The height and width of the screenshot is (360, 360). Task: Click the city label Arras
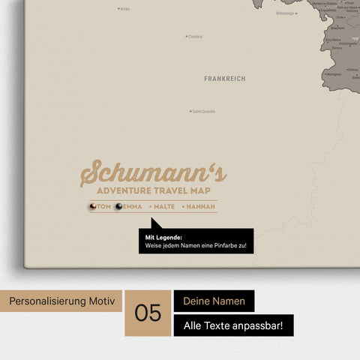(124, 9)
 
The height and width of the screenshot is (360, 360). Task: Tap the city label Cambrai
(195, 36)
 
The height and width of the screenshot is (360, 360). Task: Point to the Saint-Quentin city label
(203, 112)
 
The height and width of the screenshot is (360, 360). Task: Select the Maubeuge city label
(285, 13)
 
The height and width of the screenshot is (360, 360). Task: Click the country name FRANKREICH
(224, 78)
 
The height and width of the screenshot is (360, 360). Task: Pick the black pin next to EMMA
(118, 206)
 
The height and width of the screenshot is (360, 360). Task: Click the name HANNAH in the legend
(202, 206)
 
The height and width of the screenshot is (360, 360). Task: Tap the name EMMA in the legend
(132, 206)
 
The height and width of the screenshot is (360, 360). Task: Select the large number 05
(148, 313)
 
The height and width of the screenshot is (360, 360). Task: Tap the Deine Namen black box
(214, 301)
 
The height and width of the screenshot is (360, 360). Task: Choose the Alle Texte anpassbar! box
(233, 325)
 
